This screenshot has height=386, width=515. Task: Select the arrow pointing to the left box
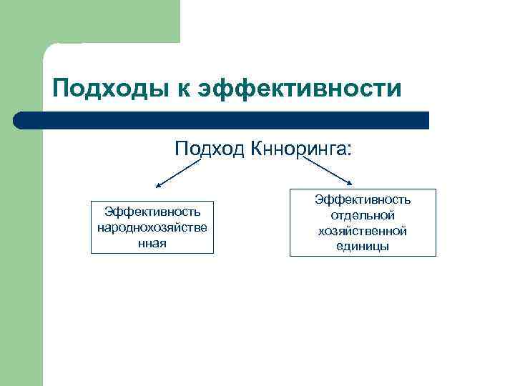tap(178, 174)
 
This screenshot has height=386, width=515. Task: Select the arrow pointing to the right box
tap(322, 172)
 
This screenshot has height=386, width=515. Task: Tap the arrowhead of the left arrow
tap(159, 185)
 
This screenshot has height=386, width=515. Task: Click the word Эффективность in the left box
tap(152, 212)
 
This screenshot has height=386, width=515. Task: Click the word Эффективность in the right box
tap(363, 201)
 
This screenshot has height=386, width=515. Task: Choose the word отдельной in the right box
tap(363, 216)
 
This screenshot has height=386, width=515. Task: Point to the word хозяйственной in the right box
tap(363, 231)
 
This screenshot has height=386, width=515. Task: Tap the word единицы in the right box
tap(363, 246)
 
